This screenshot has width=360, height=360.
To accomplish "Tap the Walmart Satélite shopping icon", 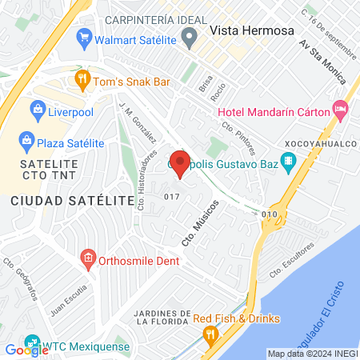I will [x=84, y=37].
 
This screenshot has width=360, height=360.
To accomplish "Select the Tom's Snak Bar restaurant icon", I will [x=82, y=78].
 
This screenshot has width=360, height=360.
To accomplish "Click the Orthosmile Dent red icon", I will [x=88, y=259].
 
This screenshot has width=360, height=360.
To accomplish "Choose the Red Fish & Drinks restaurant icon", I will [x=210, y=334].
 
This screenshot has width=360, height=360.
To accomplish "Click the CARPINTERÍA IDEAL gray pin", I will [x=190, y=36].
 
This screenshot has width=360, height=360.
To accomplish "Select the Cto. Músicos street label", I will [x=193, y=226].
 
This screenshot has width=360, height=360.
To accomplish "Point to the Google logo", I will [x=26, y=350].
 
